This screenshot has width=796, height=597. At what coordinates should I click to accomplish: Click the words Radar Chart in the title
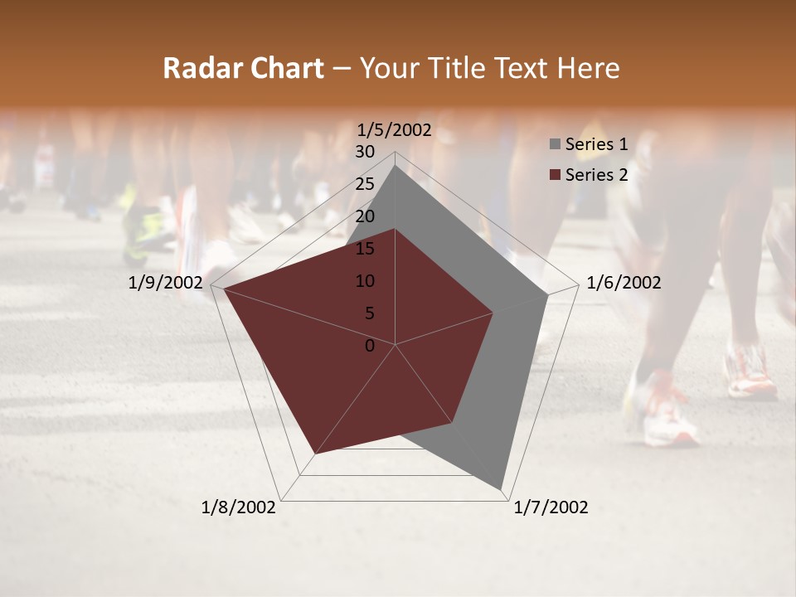[243, 69]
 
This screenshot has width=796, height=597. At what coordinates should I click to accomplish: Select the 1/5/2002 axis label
[394, 130]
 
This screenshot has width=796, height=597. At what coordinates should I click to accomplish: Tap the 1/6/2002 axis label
[624, 283]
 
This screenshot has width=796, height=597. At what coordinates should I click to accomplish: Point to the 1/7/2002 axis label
[551, 507]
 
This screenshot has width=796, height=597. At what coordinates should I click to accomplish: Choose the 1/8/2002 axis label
[239, 507]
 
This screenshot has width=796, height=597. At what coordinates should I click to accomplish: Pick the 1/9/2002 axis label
[166, 283]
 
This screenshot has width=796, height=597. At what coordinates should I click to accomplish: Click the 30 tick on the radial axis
[365, 152]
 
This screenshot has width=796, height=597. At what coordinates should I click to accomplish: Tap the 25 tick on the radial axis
[365, 184]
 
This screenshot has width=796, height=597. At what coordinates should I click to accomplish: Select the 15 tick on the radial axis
[365, 249]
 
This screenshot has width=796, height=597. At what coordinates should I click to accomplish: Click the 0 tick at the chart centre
[370, 346]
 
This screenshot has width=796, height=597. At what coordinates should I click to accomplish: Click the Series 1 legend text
[596, 144]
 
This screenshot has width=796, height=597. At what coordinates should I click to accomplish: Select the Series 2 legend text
[596, 174]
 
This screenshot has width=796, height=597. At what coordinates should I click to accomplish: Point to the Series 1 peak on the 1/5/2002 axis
[396, 166]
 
